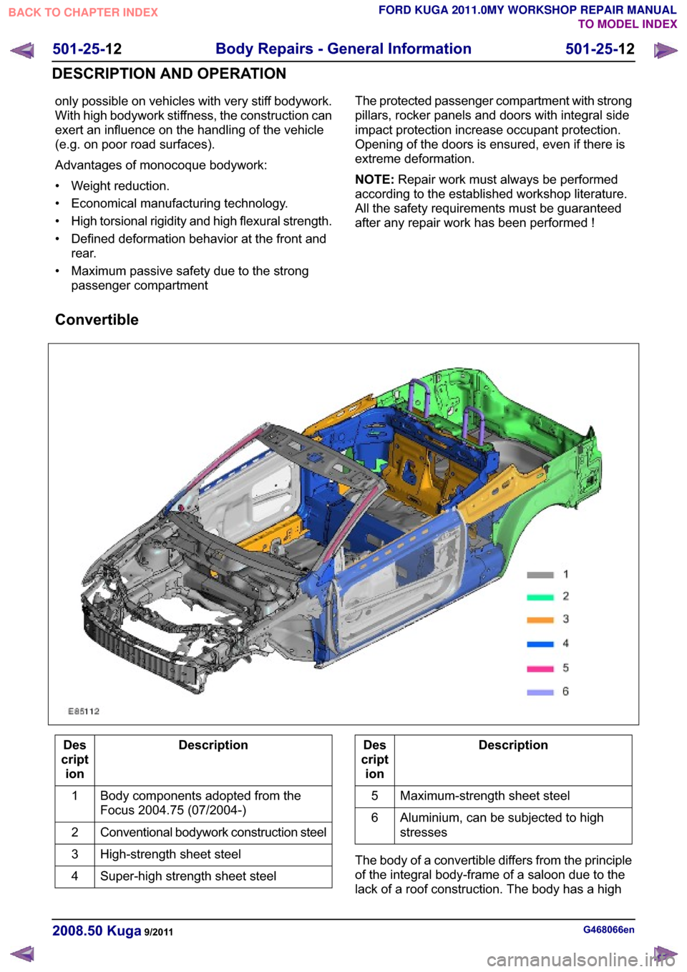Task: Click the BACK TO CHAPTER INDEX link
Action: pyautogui.click(x=83, y=13)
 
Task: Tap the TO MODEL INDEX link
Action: pyautogui.click(x=627, y=24)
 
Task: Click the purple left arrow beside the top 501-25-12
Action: pyautogui.click(x=22, y=50)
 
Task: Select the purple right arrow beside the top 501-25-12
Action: pyautogui.click(x=666, y=50)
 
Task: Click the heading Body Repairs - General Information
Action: pyautogui.click(x=343, y=49)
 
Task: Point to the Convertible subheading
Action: pyautogui.click(x=97, y=320)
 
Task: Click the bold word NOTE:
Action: pyautogui.click(x=374, y=180)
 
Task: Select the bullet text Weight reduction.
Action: pyautogui.click(x=120, y=185)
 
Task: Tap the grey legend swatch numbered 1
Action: pyautogui.click(x=540, y=575)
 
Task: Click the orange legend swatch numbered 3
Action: pyautogui.click(x=540, y=620)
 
